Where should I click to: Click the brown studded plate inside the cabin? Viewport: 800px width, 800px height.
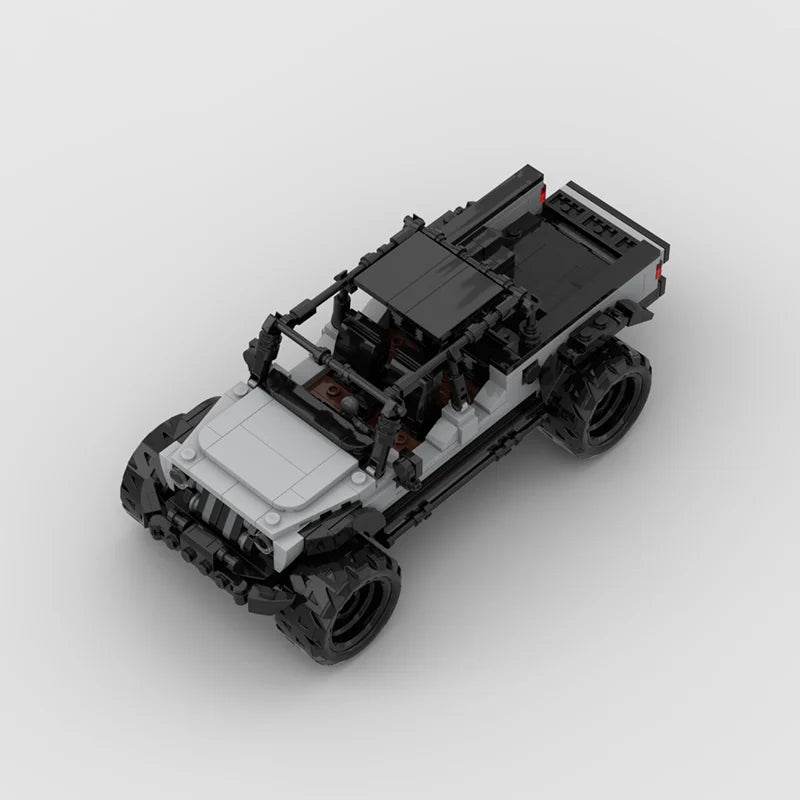(x=330, y=385)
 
